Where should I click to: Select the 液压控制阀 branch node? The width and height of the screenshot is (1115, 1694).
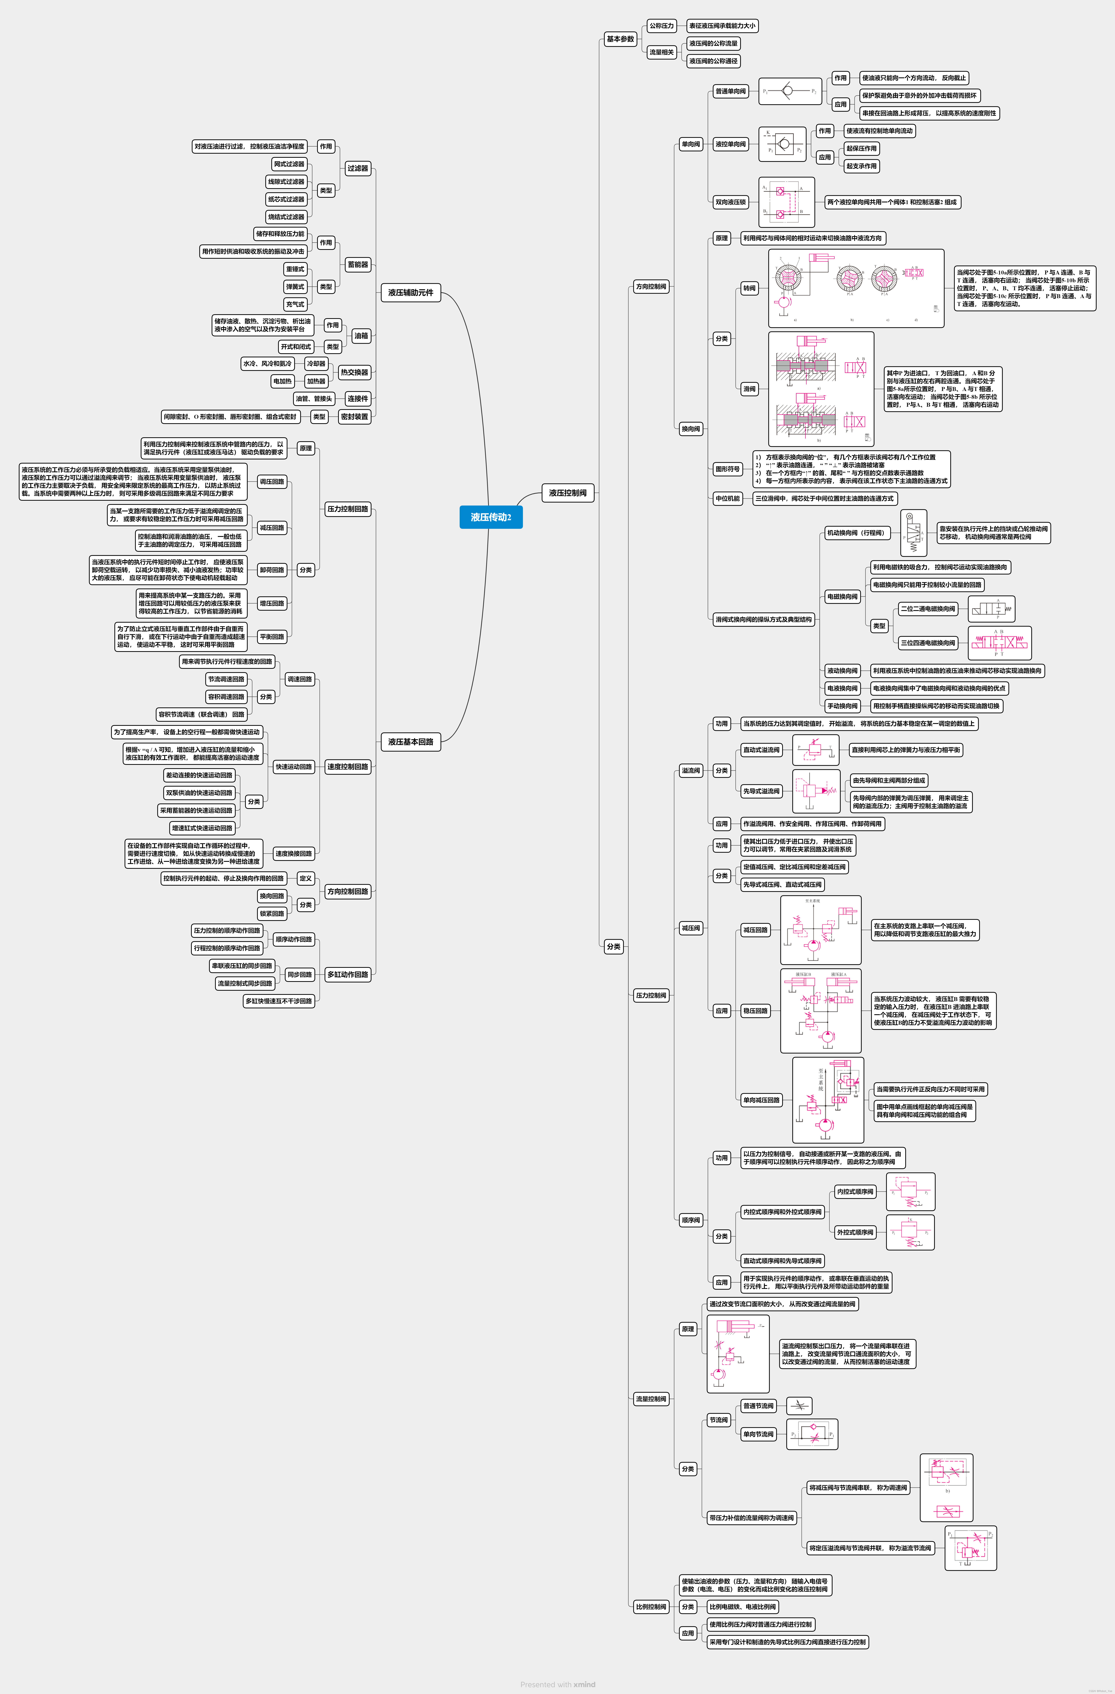point(567,493)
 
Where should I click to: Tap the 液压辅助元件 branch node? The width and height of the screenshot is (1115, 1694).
point(411,292)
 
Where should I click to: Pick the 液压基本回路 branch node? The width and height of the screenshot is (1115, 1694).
point(411,742)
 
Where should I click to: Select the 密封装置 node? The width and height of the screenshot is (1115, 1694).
point(354,416)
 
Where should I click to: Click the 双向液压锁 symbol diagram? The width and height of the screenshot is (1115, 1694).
point(786,202)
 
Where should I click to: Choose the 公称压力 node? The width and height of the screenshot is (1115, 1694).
point(661,26)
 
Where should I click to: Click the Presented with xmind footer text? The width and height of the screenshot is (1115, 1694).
point(557,1684)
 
